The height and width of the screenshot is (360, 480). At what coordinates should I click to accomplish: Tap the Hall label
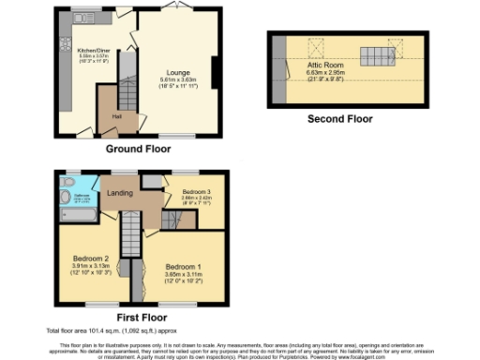pos(117,116)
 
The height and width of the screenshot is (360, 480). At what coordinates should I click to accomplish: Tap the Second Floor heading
pos(339,119)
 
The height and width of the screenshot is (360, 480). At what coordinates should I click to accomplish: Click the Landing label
pos(120,194)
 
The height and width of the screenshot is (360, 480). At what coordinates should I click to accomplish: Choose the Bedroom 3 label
pos(197,191)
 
